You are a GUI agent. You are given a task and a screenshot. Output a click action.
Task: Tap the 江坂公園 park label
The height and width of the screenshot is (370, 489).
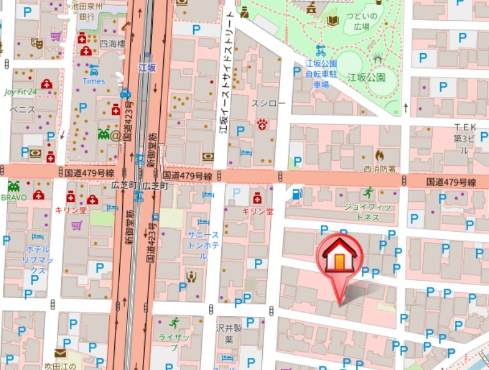[x=366, y=78]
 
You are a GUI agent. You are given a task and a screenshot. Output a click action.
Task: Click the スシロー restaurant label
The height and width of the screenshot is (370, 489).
[x=268, y=104]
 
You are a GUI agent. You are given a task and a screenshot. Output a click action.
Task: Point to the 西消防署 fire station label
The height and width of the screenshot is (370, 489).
[x=380, y=168]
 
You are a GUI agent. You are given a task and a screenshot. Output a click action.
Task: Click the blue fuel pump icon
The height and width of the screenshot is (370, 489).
[x=297, y=194]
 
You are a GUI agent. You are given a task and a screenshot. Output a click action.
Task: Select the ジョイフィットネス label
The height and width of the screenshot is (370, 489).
[x=367, y=211]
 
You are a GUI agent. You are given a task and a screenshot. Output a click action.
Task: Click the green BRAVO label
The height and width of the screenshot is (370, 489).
[x=13, y=198]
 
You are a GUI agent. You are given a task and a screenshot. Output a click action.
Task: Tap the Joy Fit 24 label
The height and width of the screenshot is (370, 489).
[x=21, y=92]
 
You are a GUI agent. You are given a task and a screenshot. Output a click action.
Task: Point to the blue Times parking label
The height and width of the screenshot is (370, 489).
[x=94, y=81]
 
